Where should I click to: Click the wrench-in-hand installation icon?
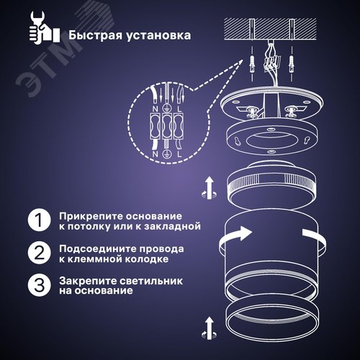click(x=45, y=28)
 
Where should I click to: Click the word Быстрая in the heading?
click(x=95, y=35)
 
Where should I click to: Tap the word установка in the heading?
click(x=158, y=35)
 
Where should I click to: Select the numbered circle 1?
click(x=40, y=220)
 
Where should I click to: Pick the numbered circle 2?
click(x=40, y=253)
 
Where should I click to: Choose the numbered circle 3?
click(x=40, y=285)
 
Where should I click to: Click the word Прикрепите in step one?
click(x=91, y=217)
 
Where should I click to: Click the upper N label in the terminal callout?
click(x=156, y=109)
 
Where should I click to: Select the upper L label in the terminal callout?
click(x=179, y=109)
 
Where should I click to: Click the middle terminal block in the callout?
click(x=167, y=127)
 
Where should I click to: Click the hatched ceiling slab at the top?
click(x=270, y=29)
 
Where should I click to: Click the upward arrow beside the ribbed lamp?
click(x=210, y=188)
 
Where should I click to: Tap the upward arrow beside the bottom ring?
click(x=210, y=328)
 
